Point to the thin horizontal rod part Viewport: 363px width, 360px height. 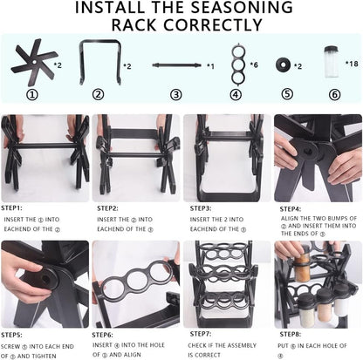coord(176,65)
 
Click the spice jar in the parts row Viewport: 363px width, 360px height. coord(331,62)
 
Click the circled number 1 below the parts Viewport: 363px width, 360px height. coord(33,94)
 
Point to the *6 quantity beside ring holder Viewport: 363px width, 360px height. coord(254,65)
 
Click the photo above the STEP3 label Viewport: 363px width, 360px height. coord(223,158)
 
